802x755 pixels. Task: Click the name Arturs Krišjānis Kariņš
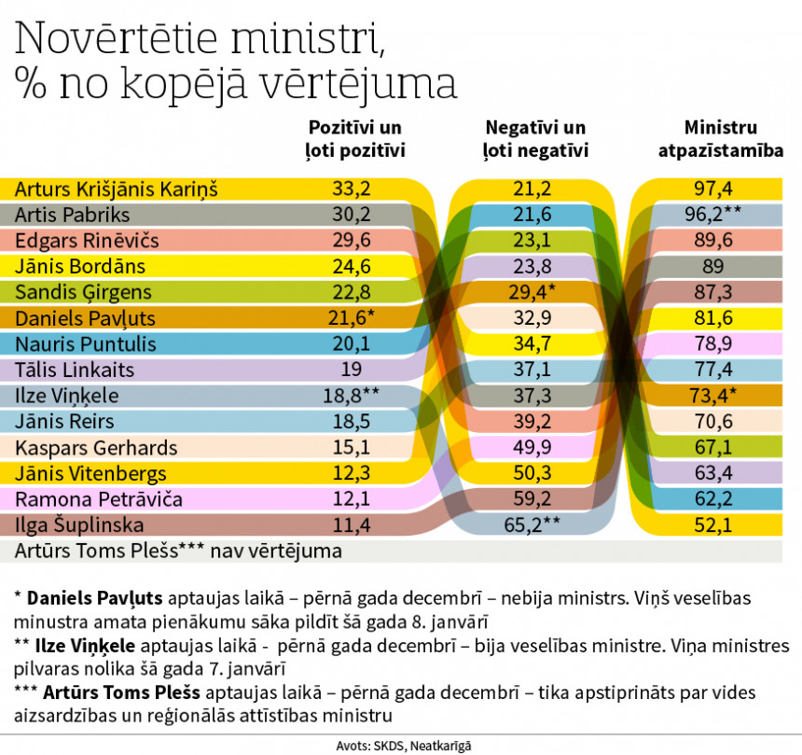pos(116,189)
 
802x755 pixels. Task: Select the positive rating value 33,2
pos(352,189)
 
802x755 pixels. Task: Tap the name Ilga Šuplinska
pos(78,524)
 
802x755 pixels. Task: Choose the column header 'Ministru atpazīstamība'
pos(720,137)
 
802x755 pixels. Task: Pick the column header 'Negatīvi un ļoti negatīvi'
pos(535,137)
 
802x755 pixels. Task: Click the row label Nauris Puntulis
pos(85,343)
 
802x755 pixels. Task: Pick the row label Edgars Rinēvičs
pos(87,240)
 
